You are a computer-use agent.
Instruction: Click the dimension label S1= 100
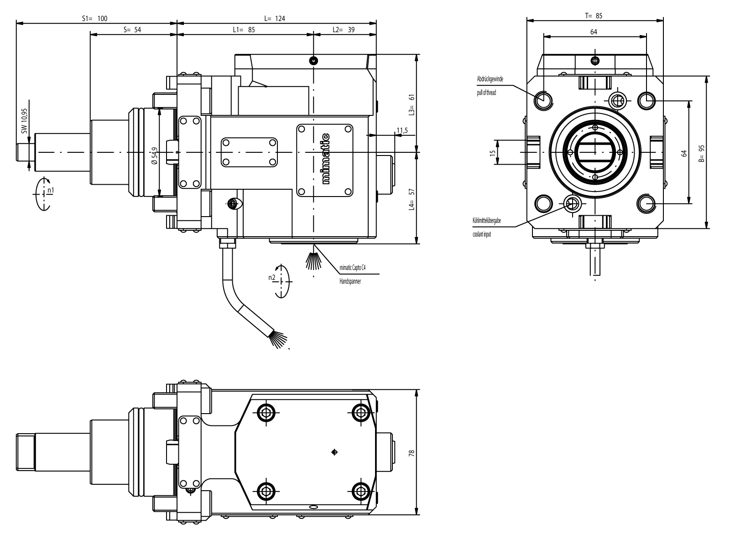point(94,18)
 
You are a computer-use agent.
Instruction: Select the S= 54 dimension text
point(132,30)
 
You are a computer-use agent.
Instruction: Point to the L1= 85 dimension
point(243,30)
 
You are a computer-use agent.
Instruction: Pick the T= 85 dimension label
point(594,16)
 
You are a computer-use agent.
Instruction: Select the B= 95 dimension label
point(702,153)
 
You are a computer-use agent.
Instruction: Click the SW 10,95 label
point(25,120)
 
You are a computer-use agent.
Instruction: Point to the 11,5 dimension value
point(402,131)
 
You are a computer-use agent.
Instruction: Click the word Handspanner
point(350,281)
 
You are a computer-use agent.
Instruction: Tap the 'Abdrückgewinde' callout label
point(490,79)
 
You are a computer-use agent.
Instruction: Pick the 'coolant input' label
point(482,235)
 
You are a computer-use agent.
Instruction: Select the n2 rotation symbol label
point(271,277)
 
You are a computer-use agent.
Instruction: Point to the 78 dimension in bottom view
point(411,453)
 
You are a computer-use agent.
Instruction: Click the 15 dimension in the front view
point(492,152)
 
